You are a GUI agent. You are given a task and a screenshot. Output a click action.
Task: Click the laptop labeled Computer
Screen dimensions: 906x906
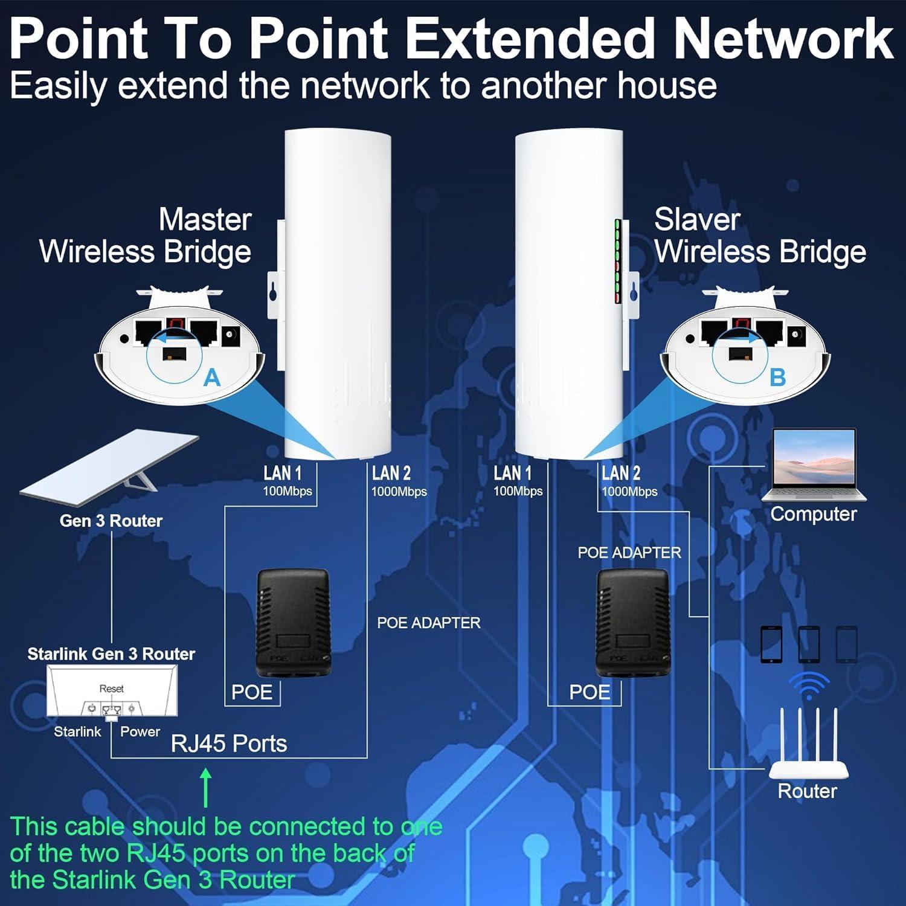pyautogui.click(x=814, y=464)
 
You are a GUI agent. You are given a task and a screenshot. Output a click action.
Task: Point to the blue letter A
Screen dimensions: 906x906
pyautogui.click(x=211, y=378)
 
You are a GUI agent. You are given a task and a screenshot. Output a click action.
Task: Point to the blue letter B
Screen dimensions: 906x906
pyautogui.click(x=777, y=378)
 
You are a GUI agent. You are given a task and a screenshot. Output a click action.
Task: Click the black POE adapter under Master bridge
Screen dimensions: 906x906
pyautogui.click(x=293, y=622)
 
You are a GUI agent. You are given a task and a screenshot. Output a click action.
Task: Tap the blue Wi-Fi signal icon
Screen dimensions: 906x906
pyautogui.click(x=809, y=686)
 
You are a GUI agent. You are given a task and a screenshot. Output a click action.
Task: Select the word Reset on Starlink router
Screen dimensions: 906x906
pyautogui.click(x=111, y=689)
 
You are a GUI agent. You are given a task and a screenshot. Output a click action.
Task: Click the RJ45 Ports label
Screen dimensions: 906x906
pyautogui.click(x=229, y=744)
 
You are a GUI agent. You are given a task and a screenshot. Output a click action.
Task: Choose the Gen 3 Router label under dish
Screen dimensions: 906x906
pyautogui.click(x=111, y=521)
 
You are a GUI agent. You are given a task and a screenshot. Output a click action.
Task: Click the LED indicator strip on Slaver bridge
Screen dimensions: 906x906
pyautogui.click(x=618, y=261)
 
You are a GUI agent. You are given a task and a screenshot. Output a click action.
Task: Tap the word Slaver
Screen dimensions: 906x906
pyautogui.click(x=697, y=219)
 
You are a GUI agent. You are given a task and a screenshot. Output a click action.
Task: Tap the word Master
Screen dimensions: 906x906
pyautogui.click(x=205, y=219)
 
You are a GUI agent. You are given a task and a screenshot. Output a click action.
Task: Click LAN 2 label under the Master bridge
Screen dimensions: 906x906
pyautogui.click(x=391, y=473)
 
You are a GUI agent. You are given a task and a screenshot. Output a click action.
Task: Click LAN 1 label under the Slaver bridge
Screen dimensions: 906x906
pyautogui.click(x=512, y=473)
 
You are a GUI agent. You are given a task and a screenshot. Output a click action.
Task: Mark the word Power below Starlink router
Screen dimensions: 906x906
pyautogui.click(x=140, y=731)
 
